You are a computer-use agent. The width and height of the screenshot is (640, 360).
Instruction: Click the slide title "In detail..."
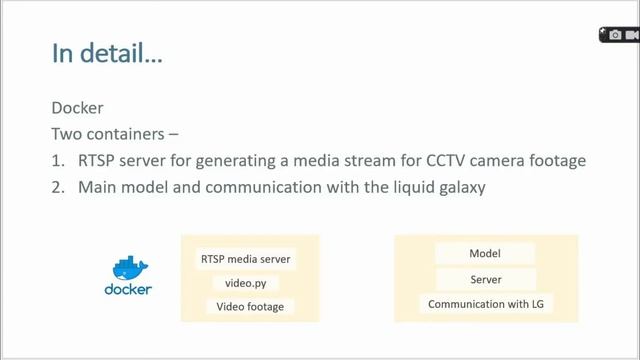click(107, 53)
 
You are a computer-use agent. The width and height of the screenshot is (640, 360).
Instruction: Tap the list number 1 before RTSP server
click(56, 160)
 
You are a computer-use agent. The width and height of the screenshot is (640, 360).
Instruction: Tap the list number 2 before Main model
click(56, 186)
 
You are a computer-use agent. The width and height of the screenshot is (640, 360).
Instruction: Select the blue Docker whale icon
click(128, 268)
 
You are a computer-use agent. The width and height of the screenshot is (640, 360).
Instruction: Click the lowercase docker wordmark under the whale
click(128, 290)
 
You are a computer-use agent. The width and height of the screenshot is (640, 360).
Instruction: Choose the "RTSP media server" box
click(245, 259)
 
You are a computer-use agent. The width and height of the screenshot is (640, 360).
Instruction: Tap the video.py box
click(245, 283)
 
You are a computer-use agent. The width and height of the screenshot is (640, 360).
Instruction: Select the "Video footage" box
click(250, 307)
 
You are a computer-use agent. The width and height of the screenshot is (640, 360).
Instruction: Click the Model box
click(485, 254)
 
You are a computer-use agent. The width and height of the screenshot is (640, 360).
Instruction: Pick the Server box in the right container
click(485, 279)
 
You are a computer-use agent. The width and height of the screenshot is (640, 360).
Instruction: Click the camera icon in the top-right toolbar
click(615, 35)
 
